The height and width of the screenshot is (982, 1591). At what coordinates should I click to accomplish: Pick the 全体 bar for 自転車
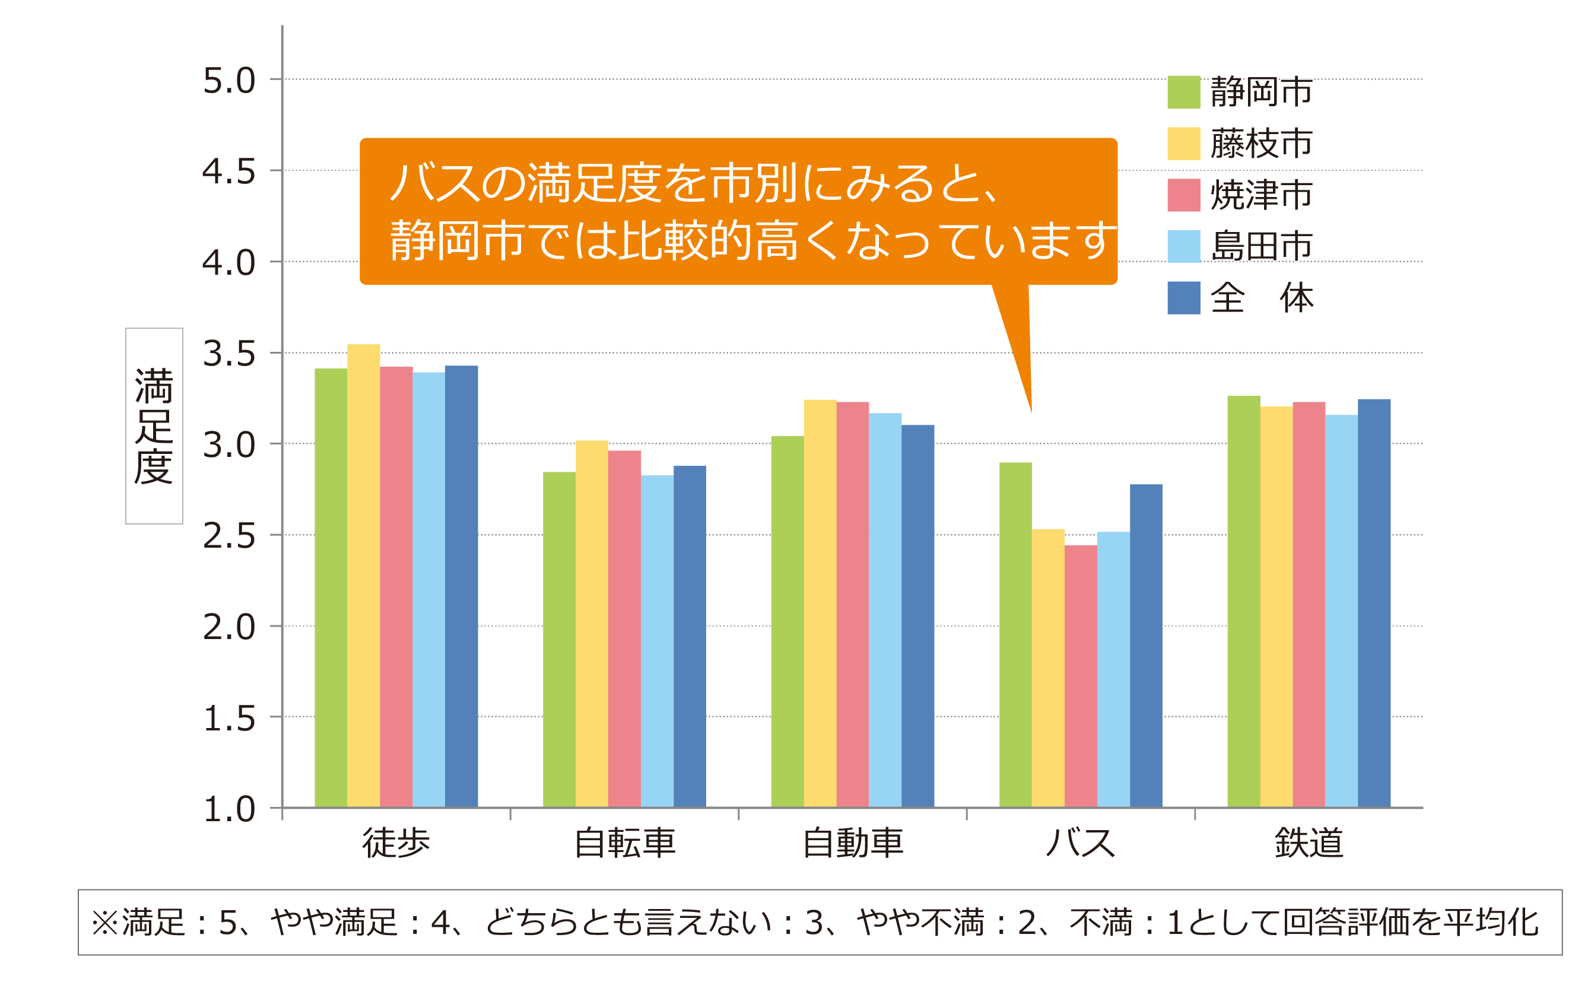click(690, 637)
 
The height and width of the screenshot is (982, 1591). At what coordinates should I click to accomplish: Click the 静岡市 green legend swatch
click(1183, 92)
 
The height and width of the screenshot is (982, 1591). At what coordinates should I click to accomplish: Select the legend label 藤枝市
click(1261, 144)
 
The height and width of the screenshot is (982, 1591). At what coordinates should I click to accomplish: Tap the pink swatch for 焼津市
click(1183, 195)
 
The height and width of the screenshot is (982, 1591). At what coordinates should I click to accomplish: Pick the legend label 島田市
click(1261, 246)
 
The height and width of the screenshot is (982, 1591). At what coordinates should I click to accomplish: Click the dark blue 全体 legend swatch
click(1183, 298)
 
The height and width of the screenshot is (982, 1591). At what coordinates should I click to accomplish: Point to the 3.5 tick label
click(228, 354)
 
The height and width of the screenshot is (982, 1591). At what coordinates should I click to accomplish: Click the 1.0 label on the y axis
click(228, 810)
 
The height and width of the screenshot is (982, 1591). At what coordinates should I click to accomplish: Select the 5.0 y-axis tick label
click(228, 81)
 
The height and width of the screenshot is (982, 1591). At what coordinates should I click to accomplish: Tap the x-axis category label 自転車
click(625, 843)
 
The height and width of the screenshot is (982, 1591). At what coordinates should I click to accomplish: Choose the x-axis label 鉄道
click(1309, 843)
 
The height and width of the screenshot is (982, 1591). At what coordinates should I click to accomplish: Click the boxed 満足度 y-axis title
click(154, 426)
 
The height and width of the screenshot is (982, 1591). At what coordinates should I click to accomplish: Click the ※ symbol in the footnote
click(104, 923)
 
